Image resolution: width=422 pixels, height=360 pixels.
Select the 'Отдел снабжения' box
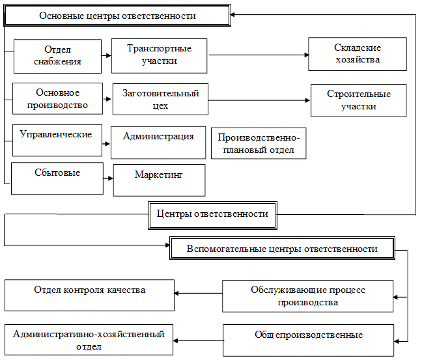(x=57, y=56)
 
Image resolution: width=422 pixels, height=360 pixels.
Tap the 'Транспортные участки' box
(x=159, y=55)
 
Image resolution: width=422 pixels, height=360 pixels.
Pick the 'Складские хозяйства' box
(x=357, y=54)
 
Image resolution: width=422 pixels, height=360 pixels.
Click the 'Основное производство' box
(x=58, y=98)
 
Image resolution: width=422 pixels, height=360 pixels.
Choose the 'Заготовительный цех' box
(x=160, y=99)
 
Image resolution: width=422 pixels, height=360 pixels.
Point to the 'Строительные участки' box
(x=358, y=100)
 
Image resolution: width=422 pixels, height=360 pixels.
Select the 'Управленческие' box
(x=57, y=140)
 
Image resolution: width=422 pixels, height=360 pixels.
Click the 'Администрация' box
(x=158, y=142)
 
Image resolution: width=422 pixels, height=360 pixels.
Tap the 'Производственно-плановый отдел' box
(x=259, y=143)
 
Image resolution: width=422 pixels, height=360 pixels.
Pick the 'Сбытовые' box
(x=57, y=178)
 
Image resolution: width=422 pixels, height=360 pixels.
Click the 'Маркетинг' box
(x=159, y=180)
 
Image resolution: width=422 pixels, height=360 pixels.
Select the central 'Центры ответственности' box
(x=213, y=214)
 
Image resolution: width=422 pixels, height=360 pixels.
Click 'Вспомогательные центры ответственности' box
(x=282, y=249)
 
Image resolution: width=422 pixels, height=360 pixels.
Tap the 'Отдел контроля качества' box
(x=90, y=295)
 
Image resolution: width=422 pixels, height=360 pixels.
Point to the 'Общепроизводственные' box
(x=309, y=340)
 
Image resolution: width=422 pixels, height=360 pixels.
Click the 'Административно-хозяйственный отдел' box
(x=89, y=340)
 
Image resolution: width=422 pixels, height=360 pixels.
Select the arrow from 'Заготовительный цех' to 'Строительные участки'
(x=259, y=100)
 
